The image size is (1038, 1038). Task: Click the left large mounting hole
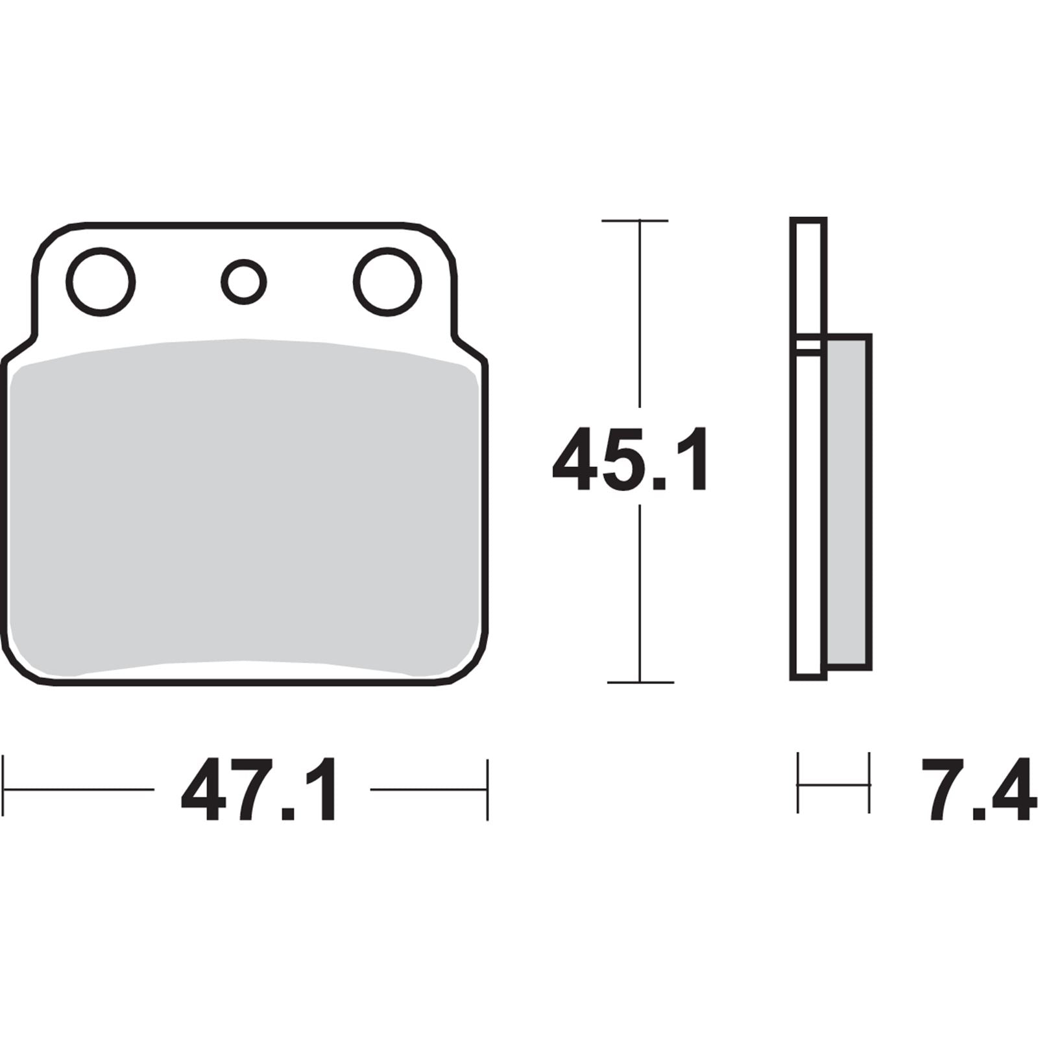pos(101,282)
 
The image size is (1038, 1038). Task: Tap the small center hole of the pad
pos(244,282)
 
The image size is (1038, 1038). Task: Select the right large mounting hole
pos(387,282)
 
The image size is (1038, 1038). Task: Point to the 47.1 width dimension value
pos(259,790)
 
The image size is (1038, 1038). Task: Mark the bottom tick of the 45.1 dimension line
pos(640,682)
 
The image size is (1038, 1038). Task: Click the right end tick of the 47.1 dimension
pos(487,790)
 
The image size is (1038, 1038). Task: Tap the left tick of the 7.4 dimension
pos(798,783)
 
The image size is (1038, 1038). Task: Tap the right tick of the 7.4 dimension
pos(869,783)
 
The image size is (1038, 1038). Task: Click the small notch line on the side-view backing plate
pos(808,348)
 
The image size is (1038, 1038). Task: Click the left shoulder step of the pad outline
pos(19,349)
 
